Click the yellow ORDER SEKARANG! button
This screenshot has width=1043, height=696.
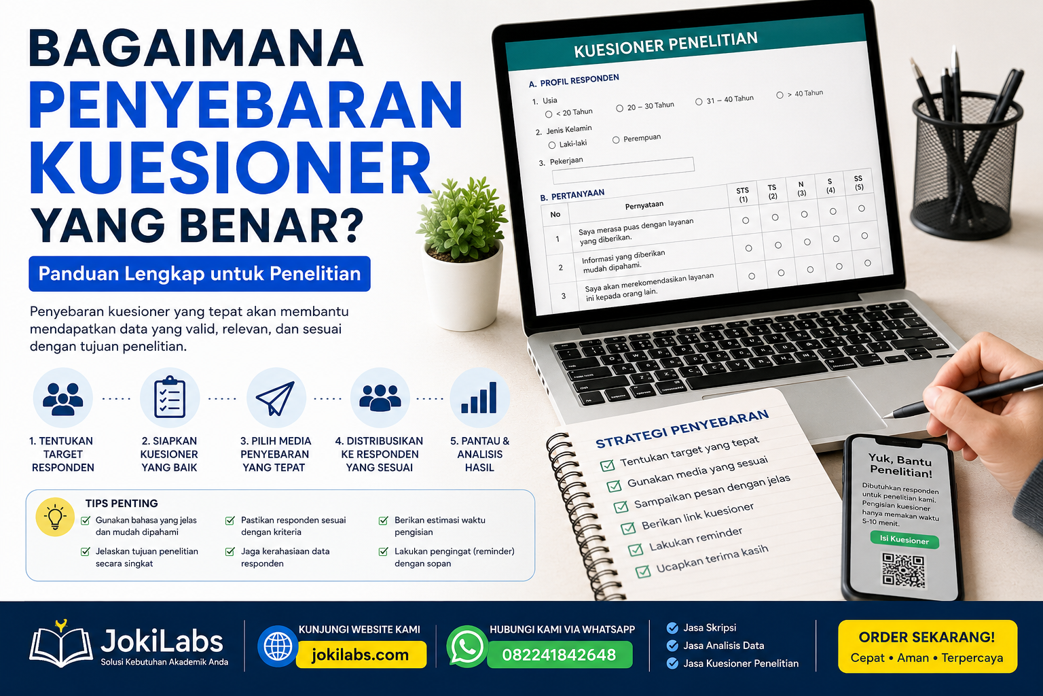point(928,646)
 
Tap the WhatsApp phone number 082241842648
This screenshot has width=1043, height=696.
point(560,655)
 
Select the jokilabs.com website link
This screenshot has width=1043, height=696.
point(361,655)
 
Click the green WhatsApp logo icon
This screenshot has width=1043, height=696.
point(466,646)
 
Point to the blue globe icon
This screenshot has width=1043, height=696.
point(278,646)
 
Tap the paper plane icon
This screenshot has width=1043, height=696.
point(276,398)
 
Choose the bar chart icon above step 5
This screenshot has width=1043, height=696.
point(479,398)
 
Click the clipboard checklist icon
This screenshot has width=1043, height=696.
point(170,397)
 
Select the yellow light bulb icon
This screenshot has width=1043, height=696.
point(55,517)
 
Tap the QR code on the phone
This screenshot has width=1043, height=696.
point(903,569)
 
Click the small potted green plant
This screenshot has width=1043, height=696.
point(462,254)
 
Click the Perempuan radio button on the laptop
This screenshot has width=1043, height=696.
point(616,140)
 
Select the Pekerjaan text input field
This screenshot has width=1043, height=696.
point(623,171)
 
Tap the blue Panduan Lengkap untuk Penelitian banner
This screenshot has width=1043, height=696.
point(200,274)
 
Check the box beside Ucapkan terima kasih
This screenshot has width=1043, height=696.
point(643,571)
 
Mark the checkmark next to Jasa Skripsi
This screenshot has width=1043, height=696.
point(672,628)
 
